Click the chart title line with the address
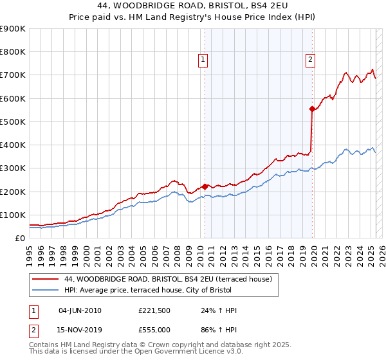192,6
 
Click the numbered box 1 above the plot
203,60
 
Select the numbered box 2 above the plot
310,60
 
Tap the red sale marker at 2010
205,186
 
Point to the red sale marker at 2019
312,109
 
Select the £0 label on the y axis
19,238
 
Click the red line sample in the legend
45,279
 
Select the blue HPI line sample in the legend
45,290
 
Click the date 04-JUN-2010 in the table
80,310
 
